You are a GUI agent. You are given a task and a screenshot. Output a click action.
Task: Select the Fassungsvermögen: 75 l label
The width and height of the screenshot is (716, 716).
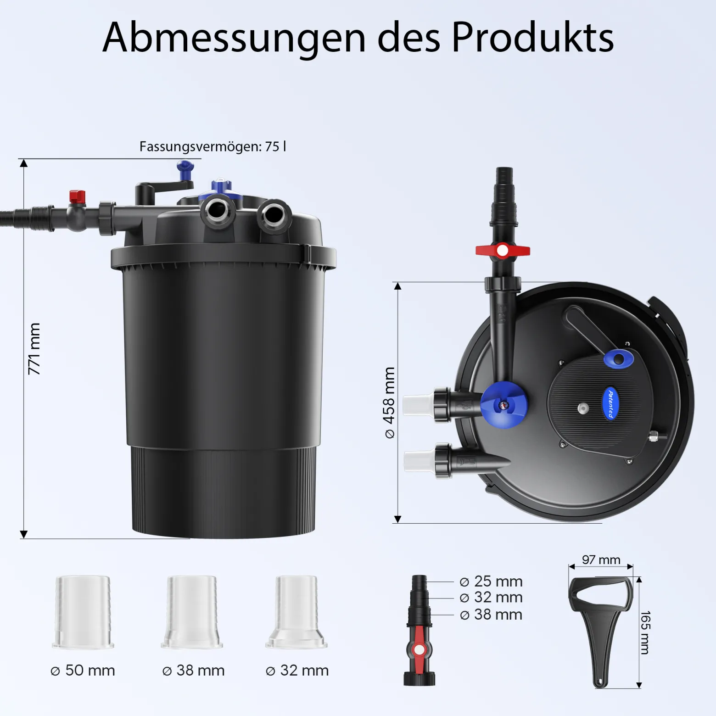coord(213,146)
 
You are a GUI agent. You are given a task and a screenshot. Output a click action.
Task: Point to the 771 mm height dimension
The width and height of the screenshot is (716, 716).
coord(34,349)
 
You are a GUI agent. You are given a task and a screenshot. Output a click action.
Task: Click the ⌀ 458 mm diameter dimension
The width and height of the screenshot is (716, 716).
coord(389,403)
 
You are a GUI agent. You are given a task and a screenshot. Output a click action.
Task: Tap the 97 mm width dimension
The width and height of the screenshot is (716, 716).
coord(601,560)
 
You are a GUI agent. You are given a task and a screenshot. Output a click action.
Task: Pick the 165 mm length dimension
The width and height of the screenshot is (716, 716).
coord(645,632)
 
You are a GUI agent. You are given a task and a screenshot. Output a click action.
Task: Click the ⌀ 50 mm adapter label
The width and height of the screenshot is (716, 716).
coord(83,671)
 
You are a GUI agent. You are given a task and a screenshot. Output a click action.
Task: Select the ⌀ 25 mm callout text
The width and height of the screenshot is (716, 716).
coord(491,582)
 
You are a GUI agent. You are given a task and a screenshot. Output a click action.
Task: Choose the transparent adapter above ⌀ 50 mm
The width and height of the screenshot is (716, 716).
coord(83,612)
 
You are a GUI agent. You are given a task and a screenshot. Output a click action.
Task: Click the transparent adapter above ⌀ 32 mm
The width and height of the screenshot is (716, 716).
coord(296,612)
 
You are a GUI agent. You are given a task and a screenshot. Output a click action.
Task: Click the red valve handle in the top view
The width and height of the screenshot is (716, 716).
coord(503,251)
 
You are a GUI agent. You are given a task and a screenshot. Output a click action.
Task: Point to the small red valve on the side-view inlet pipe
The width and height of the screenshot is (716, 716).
coord(77,196)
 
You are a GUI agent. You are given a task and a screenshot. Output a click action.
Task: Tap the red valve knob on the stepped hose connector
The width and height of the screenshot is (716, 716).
coord(418,649)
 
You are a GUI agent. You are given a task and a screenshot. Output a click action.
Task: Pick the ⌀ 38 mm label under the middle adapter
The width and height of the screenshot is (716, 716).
coord(194,671)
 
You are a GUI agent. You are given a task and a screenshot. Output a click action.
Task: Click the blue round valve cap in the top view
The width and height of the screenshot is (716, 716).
coord(504,405)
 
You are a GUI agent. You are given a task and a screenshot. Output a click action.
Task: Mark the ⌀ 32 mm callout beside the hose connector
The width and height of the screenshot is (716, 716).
coord(491,598)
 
